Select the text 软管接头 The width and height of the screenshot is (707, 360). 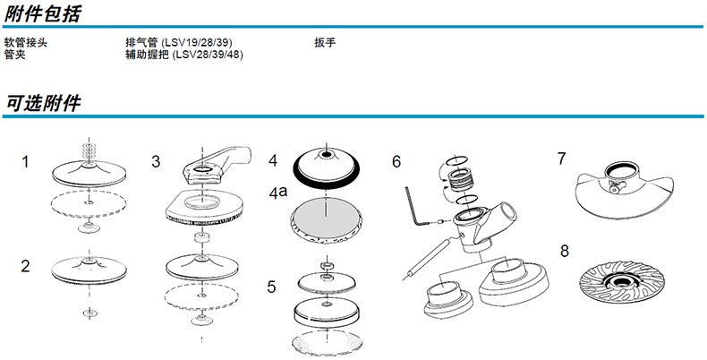23,43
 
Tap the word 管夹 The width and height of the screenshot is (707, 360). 14,55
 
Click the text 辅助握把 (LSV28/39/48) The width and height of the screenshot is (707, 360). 184,55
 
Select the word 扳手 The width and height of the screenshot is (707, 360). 324,43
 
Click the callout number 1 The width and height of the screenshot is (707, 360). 26,162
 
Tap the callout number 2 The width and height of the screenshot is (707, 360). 26,265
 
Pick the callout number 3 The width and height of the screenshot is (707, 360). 156,162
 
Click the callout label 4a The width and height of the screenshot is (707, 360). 278,191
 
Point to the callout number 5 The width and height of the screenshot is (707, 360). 272,287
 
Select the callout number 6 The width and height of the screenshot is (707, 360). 396,162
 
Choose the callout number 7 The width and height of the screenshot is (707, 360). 561,159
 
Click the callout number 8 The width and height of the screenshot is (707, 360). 565,250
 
